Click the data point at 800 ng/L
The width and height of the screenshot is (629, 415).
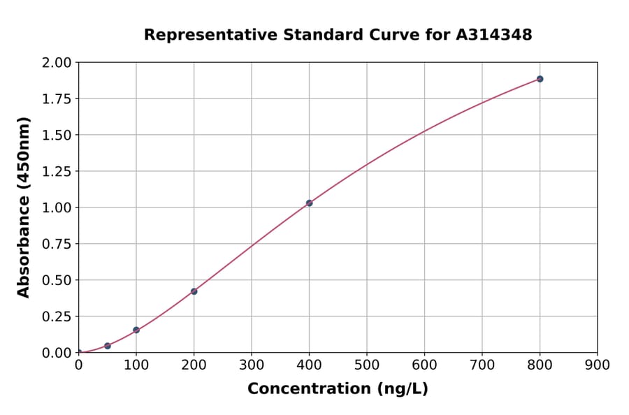[540, 79]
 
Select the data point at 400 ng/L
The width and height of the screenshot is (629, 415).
[309, 203]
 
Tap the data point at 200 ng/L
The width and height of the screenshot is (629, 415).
[194, 291]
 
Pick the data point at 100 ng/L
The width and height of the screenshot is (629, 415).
[136, 330]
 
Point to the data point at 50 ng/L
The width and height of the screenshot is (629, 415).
[108, 346]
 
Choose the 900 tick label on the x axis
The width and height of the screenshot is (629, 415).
[597, 365]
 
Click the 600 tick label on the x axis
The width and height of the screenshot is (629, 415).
[424, 365]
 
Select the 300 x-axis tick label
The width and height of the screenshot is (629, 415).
[252, 365]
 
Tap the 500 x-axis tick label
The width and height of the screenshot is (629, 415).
[367, 365]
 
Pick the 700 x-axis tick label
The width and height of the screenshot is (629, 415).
[482, 365]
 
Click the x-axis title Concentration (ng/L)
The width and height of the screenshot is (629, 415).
[338, 389]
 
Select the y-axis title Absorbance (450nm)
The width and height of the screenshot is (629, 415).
[24, 207]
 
